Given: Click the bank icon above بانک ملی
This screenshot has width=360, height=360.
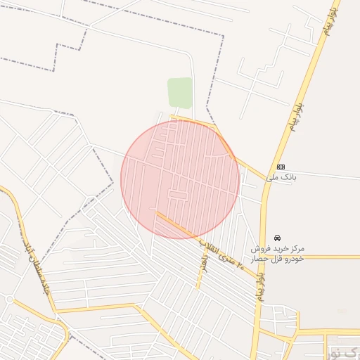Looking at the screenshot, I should point(281,167).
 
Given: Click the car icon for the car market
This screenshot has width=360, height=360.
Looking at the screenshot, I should point(278,238).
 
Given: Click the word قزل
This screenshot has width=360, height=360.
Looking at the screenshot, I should point(275,259).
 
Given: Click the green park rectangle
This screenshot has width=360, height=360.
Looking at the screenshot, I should point(180,93).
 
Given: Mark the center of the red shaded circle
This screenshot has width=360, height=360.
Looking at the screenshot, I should point(180,179).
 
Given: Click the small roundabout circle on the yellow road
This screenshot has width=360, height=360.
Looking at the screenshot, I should point(9,299).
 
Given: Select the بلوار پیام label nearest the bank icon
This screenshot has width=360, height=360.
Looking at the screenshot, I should point(296,115).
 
